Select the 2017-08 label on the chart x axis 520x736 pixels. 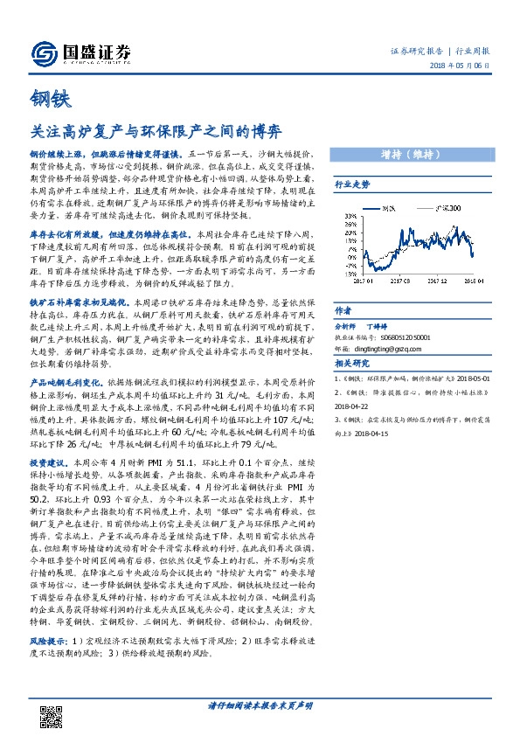tap(400, 282)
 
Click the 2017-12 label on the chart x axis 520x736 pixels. tap(438, 282)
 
